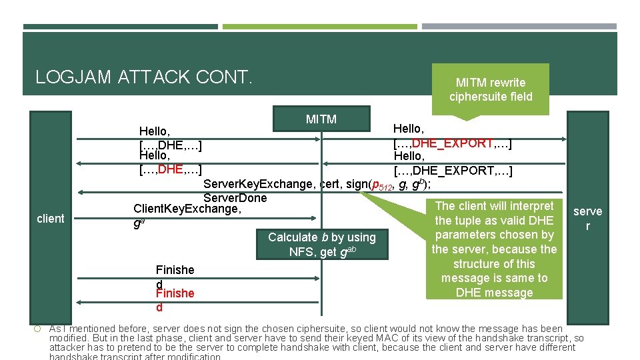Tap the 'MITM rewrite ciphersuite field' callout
[x=491, y=89]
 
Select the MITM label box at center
[x=321, y=119]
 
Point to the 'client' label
[x=51, y=219]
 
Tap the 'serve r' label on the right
[x=587, y=218]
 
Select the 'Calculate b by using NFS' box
[x=322, y=244]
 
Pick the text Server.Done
[x=235, y=198]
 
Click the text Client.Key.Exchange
[x=187, y=209]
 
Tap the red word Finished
[x=175, y=293]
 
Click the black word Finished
[x=175, y=270]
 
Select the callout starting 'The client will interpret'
[x=494, y=249]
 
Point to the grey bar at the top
[x=519, y=27]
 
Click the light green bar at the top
[x=319, y=27]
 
